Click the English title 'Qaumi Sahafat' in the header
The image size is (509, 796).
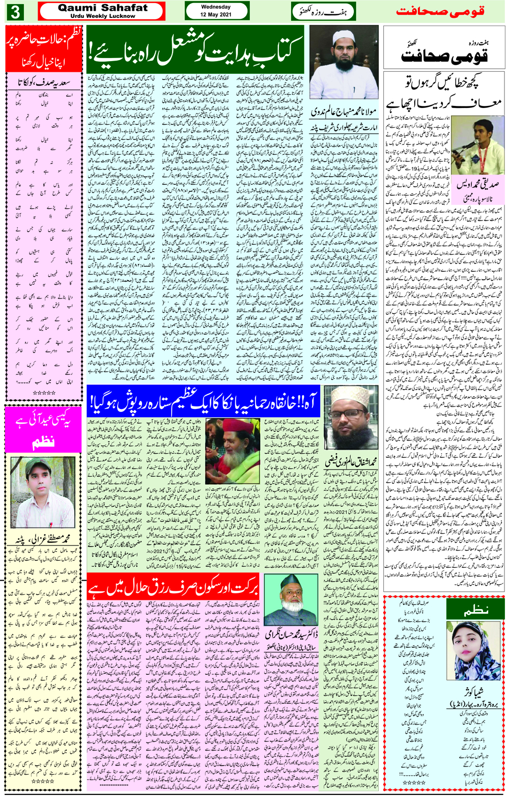point(102,8)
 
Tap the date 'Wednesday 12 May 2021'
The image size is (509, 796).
point(216,11)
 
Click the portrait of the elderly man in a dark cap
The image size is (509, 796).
point(286,599)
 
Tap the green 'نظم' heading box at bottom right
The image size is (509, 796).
point(475,610)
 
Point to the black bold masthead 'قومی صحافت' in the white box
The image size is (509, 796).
point(443,56)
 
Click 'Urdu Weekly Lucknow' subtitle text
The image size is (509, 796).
point(102,16)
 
